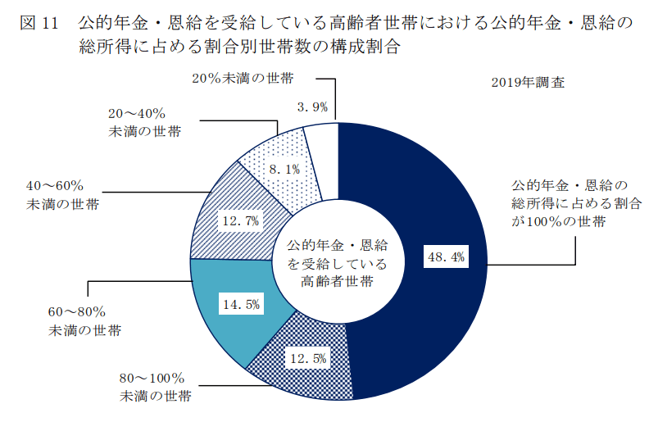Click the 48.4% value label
pyautogui.click(x=446, y=257)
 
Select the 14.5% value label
pyautogui.click(x=241, y=305)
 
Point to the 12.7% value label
pyautogui.click(x=240, y=220)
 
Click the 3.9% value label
pyautogui.click(x=313, y=107)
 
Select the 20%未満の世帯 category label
pyautogui.click(x=242, y=79)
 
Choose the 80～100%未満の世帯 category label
pyautogui.click(x=156, y=388)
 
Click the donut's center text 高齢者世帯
pyautogui.click(x=337, y=282)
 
